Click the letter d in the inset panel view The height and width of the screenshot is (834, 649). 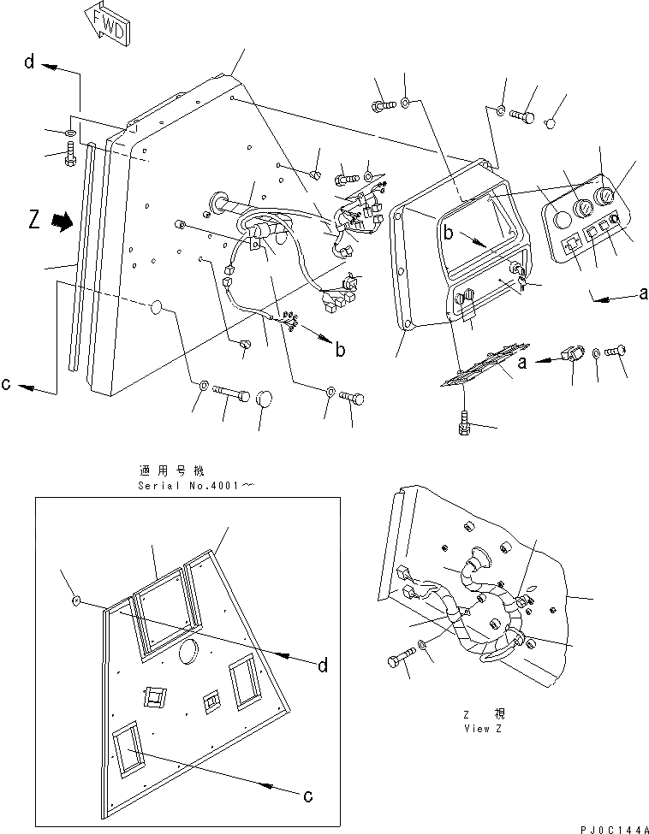pyautogui.click(x=322, y=666)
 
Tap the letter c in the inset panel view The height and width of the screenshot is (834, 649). pyautogui.click(x=307, y=795)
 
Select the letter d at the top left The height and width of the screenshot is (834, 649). pyautogui.click(x=29, y=62)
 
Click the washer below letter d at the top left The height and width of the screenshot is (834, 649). pyautogui.click(x=68, y=133)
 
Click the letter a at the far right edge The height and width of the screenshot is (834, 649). pyautogui.click(x=643, y=293)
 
